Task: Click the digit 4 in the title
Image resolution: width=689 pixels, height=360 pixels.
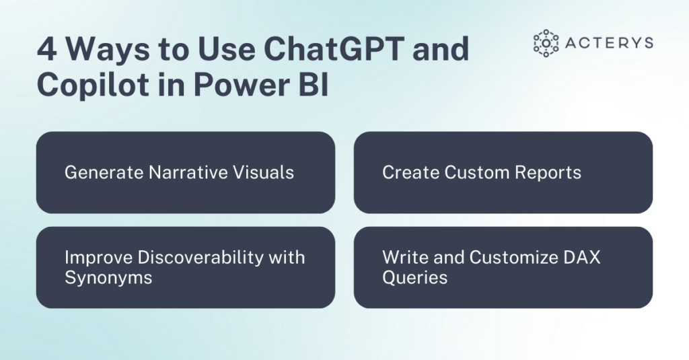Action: tap(48, 48)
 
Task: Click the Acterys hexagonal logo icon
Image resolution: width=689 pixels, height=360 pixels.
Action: tap(546, 43)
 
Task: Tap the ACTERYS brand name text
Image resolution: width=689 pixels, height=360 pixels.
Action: tap(610, 43)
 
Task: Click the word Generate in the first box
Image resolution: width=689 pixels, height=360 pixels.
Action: tap(104, 172)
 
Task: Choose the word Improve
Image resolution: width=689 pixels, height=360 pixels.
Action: tap(98, 258)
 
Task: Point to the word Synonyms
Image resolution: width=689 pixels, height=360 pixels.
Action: tap(108, 278)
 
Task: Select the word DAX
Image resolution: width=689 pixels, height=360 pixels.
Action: tap(581, 258)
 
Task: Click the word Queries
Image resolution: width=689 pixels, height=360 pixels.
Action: tap(414, 278)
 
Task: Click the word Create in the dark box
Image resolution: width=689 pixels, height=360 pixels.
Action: tap(410, 172)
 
